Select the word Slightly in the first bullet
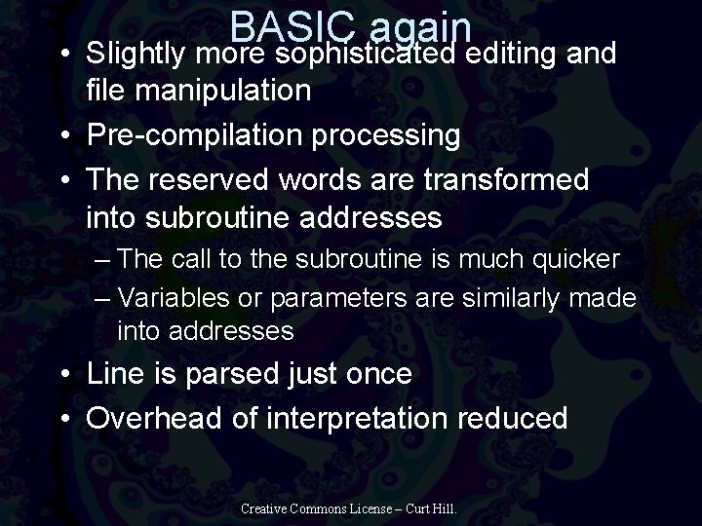tap(140, 55)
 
